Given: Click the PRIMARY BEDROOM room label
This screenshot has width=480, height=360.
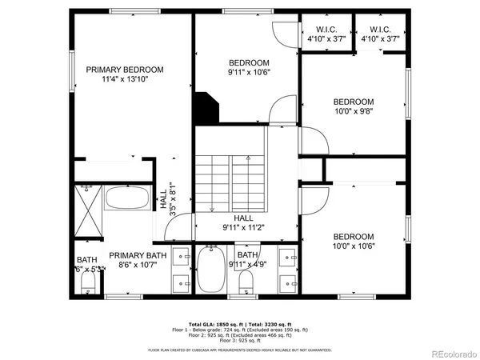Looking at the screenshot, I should [125, 70].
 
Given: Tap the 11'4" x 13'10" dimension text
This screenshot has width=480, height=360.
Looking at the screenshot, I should [125, 80].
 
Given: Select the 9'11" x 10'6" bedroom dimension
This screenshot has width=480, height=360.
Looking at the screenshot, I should [249, 74].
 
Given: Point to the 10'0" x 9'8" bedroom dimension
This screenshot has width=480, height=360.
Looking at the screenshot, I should [354, 113].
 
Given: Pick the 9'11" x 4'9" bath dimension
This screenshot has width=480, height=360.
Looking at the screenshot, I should [249, 265].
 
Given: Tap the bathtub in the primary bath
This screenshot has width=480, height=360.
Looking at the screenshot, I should [127, 199].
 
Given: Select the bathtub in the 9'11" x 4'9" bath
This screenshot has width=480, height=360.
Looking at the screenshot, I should [211, 270].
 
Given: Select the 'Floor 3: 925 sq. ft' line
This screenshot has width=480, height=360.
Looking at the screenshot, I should [240, 341].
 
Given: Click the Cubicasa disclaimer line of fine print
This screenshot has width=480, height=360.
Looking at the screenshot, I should [240, 350].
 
